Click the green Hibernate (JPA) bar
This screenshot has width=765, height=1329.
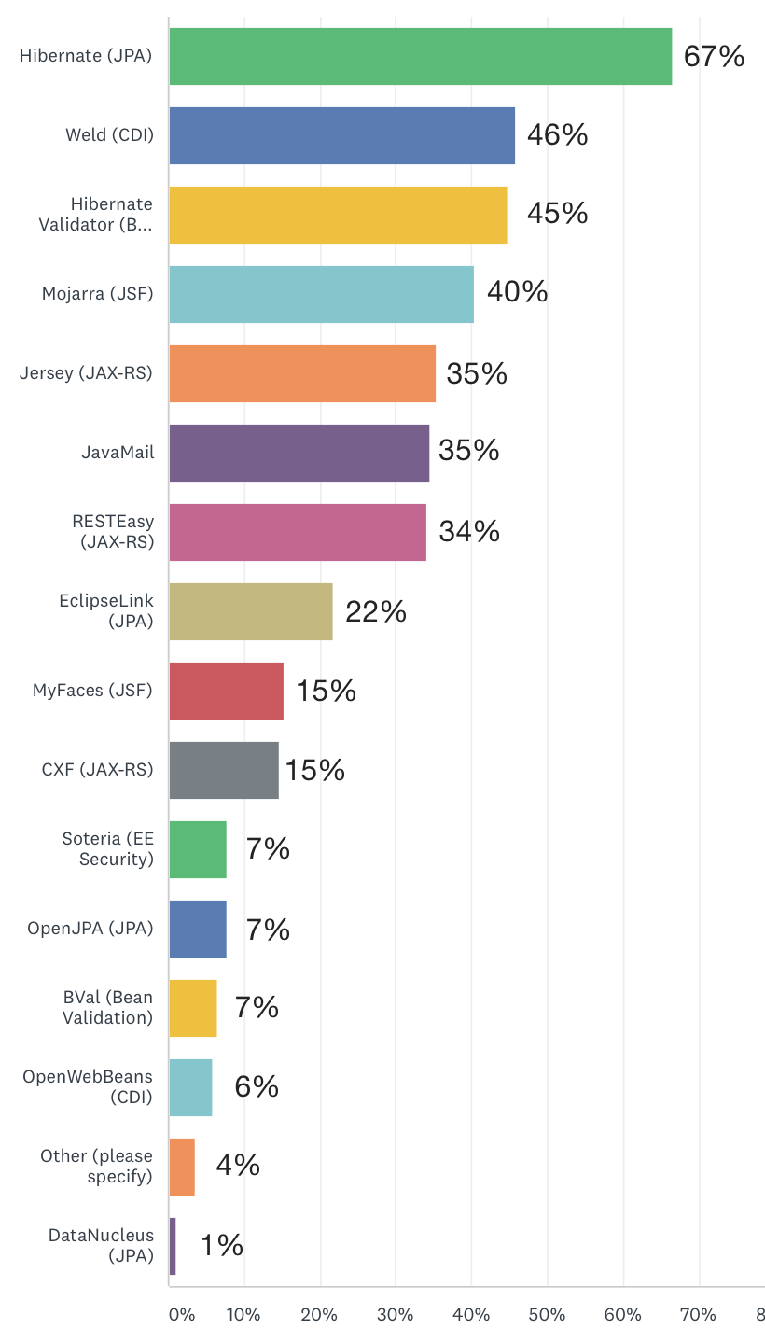pos(420,56)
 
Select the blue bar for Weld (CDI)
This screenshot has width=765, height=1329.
pos(341,135)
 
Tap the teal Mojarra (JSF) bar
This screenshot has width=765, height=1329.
pos(321,294)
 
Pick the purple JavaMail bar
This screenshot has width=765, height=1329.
pos(299,453)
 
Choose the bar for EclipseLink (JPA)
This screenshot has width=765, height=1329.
pos(250,611)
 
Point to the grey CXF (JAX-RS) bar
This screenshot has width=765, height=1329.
pos(224,770)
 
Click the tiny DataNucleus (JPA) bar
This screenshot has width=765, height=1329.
pos(173,1246)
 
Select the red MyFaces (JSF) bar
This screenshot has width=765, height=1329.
pos(226,691)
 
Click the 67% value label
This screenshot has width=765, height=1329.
pos(714,57)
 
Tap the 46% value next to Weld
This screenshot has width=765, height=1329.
pos(557,135)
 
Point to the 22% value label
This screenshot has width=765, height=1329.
pos(375,611)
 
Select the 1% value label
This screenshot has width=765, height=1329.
pos(221,1245)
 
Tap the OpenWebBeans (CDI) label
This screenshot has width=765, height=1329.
pos(88,1087)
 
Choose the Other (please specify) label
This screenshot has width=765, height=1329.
pos(96,1167)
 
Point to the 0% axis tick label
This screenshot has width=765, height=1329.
pos(182,1315)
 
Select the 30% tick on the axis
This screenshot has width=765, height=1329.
pos(395,1315)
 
